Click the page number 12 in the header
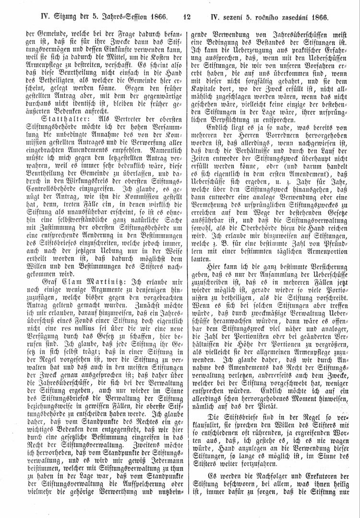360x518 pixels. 187,17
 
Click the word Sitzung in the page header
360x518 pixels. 52,17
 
